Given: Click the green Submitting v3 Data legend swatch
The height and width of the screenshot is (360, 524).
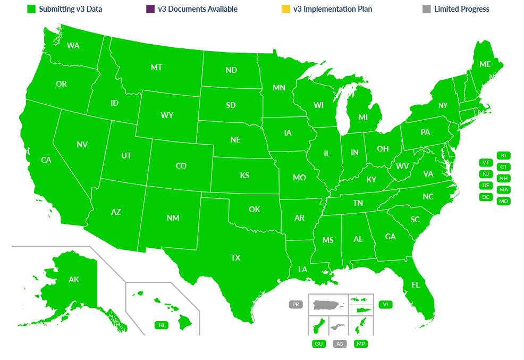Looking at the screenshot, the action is (31, 9).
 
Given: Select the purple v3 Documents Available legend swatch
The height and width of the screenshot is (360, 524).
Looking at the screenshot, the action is (150, 9).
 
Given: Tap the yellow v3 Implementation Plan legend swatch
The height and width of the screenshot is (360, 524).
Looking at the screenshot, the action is (285, 9).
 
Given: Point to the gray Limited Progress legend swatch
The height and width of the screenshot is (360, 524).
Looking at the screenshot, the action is (426, 9).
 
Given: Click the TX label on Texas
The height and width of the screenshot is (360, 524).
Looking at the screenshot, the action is (235, 258).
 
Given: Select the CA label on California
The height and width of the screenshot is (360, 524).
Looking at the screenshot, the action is (46, 160).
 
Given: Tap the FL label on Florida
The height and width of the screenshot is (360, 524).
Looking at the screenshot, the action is (416, 285).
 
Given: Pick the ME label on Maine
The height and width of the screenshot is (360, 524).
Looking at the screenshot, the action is (485, 64).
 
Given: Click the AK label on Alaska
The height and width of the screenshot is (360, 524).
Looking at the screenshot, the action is (74, 279).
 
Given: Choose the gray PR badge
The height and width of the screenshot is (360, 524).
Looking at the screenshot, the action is (295, 305).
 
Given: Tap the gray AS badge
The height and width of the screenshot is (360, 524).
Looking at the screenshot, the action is (340, 344).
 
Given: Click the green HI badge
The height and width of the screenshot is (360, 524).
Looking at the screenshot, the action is (160, 325).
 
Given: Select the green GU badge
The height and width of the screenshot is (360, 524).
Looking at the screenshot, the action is (319, 344).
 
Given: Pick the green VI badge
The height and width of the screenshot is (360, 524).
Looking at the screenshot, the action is (385, 305).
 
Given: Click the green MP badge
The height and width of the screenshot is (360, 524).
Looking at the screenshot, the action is (361, 344).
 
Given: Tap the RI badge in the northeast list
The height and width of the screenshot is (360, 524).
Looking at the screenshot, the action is (503, 155).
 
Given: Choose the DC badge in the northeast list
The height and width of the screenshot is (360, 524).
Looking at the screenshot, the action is (486, 197).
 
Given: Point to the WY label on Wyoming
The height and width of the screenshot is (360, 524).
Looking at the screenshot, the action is (167, 115).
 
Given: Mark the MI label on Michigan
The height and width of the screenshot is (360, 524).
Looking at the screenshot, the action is (363, 118).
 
